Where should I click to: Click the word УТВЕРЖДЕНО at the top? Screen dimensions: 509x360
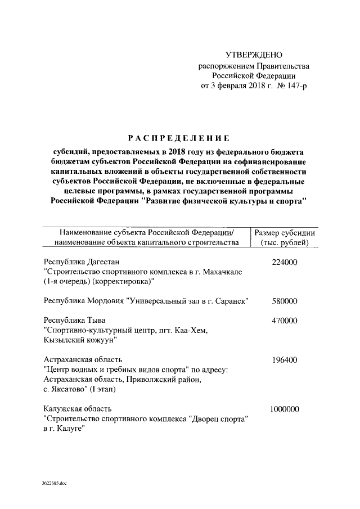point(253,55)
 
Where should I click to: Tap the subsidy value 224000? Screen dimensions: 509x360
point(284,262)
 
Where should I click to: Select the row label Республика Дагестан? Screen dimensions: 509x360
point(82,262)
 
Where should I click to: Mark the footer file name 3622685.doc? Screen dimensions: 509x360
point(54,483)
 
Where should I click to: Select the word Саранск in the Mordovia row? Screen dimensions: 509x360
point(232,301)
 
